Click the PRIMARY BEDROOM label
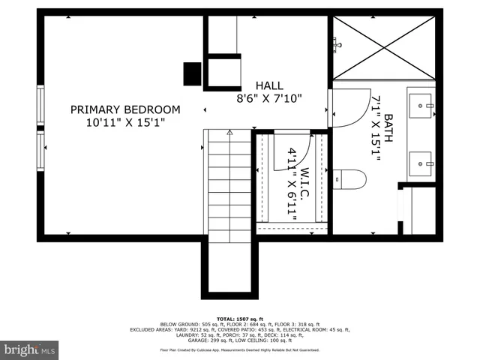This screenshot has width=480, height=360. point(125,109)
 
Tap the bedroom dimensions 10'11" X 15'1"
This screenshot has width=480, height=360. point(125,122)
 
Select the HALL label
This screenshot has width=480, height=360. point(269,85)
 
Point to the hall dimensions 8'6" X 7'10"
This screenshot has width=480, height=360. point(269,97)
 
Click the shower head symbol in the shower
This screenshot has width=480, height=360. point(337,45)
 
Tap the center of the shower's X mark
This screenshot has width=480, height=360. point(384,45)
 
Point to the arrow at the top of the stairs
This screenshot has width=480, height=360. point(229,133)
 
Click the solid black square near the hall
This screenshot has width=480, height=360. point(193,73)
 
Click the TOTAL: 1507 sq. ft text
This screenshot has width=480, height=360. point(240,319)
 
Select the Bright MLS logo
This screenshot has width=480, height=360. point(30,349)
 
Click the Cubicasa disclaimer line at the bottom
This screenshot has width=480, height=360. point(240,350)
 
